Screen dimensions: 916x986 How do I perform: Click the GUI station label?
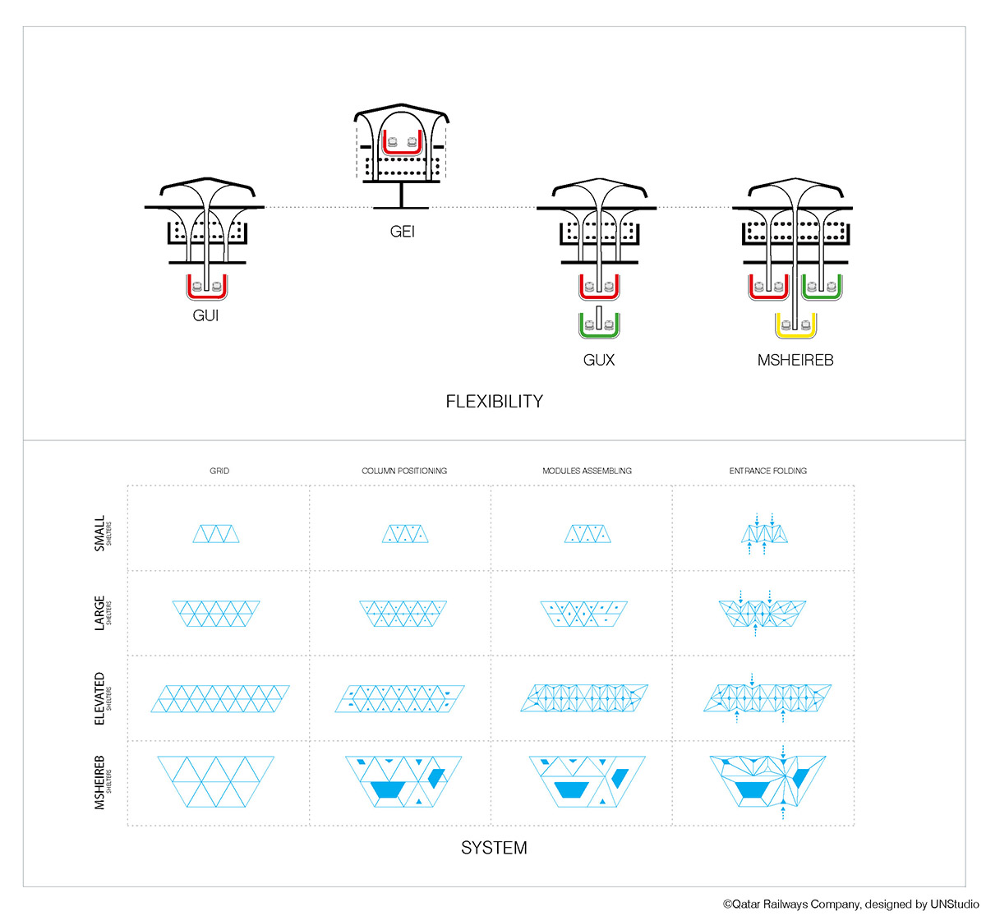coord(205,315)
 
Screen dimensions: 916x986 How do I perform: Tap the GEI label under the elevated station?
coord(403,232)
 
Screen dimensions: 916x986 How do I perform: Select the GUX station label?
coord(599,360)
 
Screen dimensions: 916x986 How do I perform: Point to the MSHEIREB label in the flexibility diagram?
coord(795,360)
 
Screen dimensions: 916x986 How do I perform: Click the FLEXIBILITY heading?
coord(495,402)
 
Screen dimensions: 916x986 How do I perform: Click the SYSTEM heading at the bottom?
coord(494,848)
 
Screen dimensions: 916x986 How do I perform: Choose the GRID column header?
coord(219,471)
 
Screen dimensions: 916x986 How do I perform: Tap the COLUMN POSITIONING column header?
coord(404,471)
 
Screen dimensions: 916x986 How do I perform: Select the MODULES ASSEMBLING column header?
coord(587,471)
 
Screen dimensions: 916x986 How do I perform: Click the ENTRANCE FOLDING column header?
coord(768,471)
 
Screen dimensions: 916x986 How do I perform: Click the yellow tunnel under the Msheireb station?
coord(795,326)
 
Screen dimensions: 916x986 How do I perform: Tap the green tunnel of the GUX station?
coord(599,326)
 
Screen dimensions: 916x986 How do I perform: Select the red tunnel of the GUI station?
coord(207,287)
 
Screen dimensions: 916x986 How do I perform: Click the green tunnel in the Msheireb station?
coord(822,287)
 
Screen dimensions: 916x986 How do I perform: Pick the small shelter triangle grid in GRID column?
coord(217,534)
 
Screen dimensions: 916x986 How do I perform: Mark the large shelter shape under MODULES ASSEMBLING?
coord(583,614)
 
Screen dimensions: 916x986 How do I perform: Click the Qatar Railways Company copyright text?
coord(850,904)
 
